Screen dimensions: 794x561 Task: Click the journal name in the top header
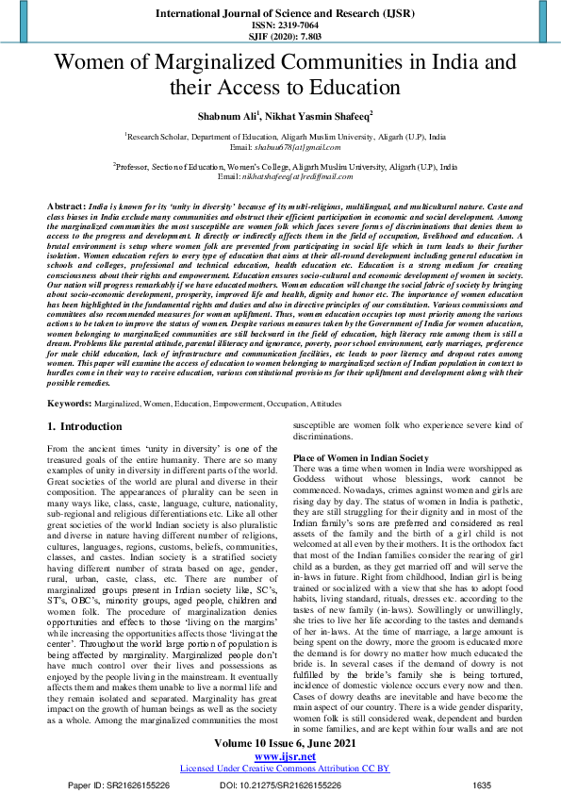280,14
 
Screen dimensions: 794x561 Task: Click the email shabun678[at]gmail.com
284,147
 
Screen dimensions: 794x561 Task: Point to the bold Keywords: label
69,402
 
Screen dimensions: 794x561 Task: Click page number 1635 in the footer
481,785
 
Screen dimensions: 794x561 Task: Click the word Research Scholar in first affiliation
157,137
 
